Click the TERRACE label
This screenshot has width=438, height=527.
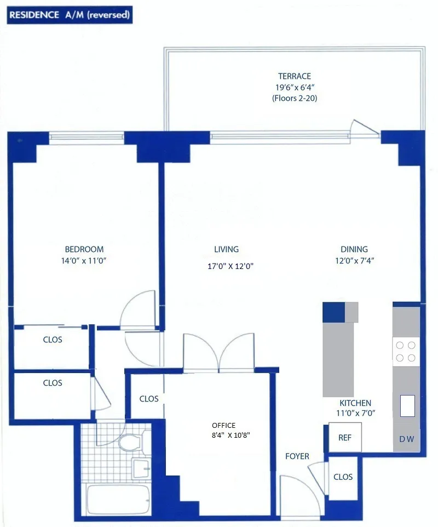pos(294,76)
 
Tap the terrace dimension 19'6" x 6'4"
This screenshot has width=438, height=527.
pos(294,87)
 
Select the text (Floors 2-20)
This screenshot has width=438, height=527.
pos(294,99)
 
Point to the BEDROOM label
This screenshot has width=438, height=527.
pos(84,249)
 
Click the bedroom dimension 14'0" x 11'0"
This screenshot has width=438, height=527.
pos(84,261)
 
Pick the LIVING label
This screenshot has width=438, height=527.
pos(226,249)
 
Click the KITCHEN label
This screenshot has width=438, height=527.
pos(355,403)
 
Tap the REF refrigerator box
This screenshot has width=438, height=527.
pos(344,438)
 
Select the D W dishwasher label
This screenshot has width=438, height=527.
pos(406,439)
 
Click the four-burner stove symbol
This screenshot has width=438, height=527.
pos(406,351)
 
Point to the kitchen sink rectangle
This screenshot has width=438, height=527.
pos(407,406)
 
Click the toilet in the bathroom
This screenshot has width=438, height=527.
pos(131,441)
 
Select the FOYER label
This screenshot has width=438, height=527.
pos(297,456)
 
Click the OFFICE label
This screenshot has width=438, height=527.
pos(223,425)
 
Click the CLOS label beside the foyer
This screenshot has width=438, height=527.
pos(343,477)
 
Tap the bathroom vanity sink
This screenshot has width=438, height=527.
pos(142,468)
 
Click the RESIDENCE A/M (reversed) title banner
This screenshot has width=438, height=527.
pos(69,15)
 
